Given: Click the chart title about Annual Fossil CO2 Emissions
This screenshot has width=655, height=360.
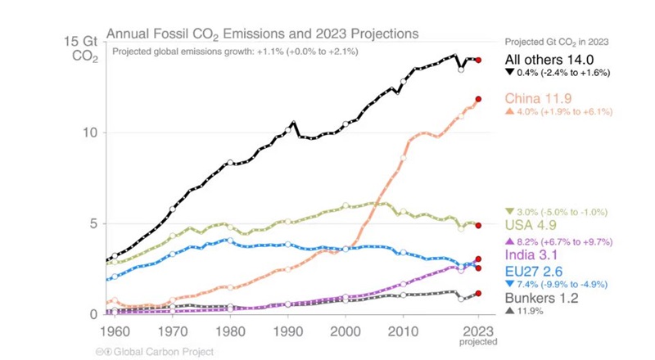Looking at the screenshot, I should [263, 34].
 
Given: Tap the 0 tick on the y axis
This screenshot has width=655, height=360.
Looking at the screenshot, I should [94, 314].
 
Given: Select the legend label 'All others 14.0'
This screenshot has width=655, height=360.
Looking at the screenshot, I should [548, 60].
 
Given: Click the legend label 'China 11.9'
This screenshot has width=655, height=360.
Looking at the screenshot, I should [538, 98].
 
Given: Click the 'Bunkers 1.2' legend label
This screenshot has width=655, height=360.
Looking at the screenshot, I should [541, 299].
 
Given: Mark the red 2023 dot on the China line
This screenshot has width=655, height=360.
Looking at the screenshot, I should [479, 99].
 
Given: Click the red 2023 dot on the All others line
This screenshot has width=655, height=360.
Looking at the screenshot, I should [479, 60].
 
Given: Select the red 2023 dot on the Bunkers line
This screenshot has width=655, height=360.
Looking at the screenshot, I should [479, 293].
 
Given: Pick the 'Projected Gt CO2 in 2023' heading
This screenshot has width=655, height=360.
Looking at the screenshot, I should [557, 43].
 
